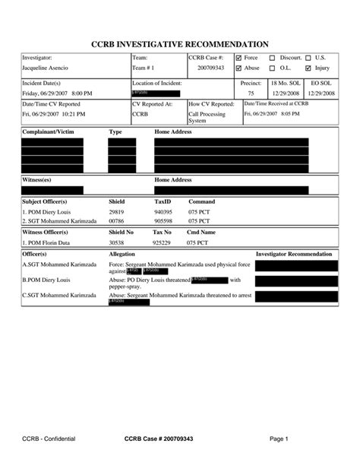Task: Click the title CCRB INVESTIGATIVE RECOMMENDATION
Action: [x=179, y=44]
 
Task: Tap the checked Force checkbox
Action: [x=238, y=58]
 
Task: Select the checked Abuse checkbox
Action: [x=238, y=68]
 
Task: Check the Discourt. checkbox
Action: [x=272, y=58]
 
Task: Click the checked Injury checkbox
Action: [x=308, y=68]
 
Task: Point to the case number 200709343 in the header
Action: [x=210, y=68]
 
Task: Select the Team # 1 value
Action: [x=145, y=68]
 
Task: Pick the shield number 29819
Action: [x=116, y=211]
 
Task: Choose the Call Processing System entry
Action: [x=207, y=117]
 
